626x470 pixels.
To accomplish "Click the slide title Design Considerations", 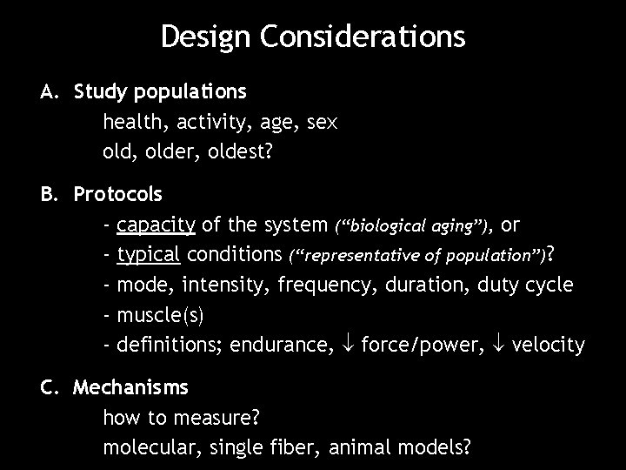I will pos(313,37).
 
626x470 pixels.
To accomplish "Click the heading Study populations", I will pos(160,91).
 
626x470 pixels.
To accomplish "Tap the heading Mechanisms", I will pos(130,386).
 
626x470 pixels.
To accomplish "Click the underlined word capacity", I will pos(156,225).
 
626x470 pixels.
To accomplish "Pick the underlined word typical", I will pos(148,255).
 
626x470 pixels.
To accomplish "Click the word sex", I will pos(321,122).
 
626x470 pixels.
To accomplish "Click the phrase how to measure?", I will pos(182,418).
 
